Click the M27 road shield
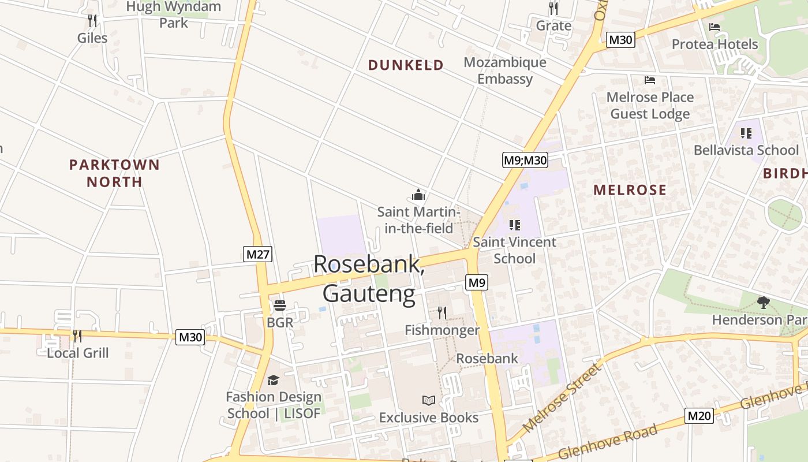click(257, 254)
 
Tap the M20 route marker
click(699, 415)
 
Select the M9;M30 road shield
click(525, 160)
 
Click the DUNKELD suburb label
click(406, 65)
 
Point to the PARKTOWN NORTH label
click(114, 173)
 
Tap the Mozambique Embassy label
click(504, 70)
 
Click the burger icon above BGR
click(280, 305)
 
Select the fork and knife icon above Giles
click(92, 20)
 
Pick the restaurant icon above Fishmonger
click(442, 312)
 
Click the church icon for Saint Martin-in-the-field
click(418, 194)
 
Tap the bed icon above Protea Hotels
click(715, 27)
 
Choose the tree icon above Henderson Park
click(763, 301)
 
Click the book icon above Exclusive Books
click(428, 400)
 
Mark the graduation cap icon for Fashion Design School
click(273, 380)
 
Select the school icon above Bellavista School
click(746, 133)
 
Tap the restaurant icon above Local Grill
click(77, 336)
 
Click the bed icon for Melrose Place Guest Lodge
click(650, 80)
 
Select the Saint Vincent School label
click(514, 250)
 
